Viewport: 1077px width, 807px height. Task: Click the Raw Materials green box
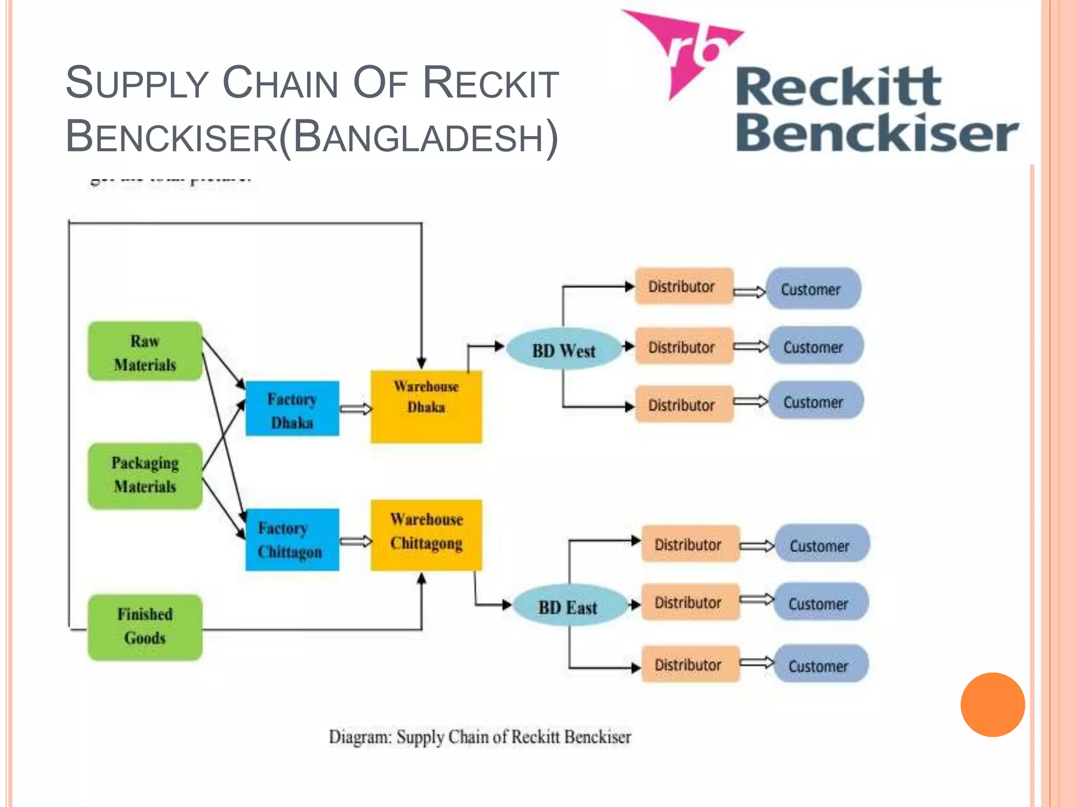pos(145,351)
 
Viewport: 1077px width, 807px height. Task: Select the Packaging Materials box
pos(145,475)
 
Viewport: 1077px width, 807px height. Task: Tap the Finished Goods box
pos(145,627)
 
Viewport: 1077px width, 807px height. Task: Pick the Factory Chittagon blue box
pos(292,540)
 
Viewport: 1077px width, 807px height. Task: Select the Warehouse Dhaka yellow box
pos(426,407)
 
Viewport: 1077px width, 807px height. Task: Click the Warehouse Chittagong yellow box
pos(426,535)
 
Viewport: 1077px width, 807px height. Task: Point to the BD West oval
pos(564,350)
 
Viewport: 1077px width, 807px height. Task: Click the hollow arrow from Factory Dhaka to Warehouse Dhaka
pos(355,409)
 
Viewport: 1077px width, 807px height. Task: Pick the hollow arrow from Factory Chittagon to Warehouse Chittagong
pos(355,541)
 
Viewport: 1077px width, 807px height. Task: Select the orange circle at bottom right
pos(992,705)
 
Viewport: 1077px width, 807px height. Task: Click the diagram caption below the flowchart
pos(480,737)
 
